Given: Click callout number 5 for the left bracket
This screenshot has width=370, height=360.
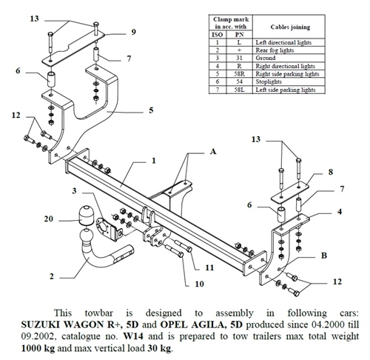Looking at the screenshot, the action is [151, 110].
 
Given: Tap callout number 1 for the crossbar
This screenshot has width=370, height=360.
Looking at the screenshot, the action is [154, 161].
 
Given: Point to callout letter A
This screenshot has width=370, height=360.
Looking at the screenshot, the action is [213, 151].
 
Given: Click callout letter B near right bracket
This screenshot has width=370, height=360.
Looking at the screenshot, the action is [324, 256].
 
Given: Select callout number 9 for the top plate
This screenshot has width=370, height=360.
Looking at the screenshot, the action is [133, 32].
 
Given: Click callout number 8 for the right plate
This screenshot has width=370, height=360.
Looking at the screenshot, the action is [331, 172].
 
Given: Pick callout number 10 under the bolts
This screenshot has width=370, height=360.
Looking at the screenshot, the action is [200, 284].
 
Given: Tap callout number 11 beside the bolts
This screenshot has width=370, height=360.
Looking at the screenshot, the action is [209, 267].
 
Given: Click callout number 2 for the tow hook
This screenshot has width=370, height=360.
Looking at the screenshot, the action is [51, 276].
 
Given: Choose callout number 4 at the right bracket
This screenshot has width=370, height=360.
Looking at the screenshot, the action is [340, 212].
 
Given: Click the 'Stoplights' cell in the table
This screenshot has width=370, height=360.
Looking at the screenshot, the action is [269, 81].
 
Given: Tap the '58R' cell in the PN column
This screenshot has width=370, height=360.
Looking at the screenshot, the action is [239, 74].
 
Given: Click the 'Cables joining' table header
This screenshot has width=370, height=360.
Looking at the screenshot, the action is [290, 27].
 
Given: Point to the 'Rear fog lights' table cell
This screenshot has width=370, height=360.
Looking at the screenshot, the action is [275, 50].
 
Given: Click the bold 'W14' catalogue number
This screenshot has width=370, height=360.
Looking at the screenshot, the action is [134, 336].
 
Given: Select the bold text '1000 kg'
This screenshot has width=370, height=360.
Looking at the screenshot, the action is [38, 348].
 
